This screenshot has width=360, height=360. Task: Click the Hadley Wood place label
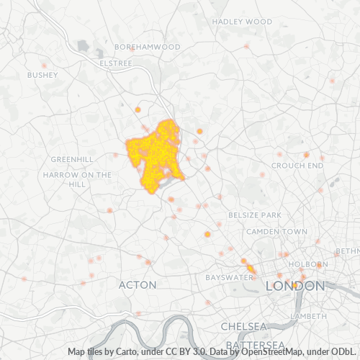click(243, 22)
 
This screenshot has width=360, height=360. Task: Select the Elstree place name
click(117, 63)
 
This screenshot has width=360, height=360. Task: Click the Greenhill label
click(72, 159)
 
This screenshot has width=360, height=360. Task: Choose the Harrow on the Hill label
click(77, 179)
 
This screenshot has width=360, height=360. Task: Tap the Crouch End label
click(297, 166)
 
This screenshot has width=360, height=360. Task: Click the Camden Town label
click(276, 232)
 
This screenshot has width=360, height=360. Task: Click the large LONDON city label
click(294, 286)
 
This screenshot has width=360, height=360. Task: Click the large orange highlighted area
click(154, 152)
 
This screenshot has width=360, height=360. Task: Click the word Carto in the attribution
click(127, 352)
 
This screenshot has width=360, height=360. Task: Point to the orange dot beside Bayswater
click(251, 269)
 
